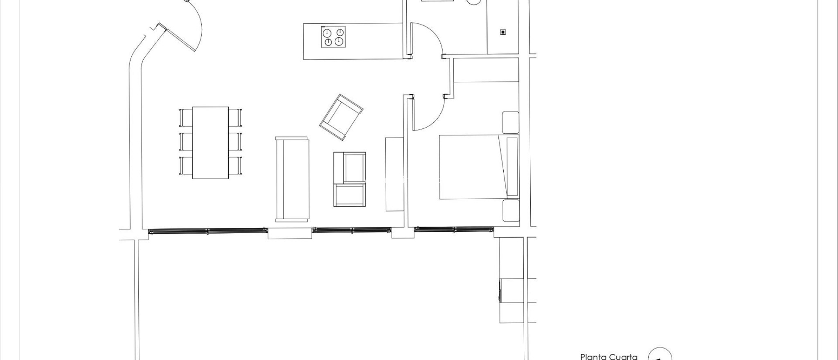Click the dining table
pyautogui.click(x=210, y=142)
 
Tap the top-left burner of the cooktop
pyautogui.click(x=327, y=32)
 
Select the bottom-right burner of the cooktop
pyautogui.click(x=338, y=41)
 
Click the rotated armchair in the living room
pyautogui.click(x=340, y=117)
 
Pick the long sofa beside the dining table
pyautogui.click(x=292, y=179)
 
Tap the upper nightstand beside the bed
pyautogui.click(x=511, y=122)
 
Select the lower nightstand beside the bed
pyautogui.click(x=511, y=211)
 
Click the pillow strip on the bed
pyautogui.click(x=512, y=166)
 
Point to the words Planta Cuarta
pyautogui.click(x=608, y=356)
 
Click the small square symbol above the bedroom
pyautogui.click(x=503, y=32)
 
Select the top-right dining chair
pyautogui.click(x=235, y=117)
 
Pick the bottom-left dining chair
pyautogui.click(x=186, y=166)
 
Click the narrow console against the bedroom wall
pyautogui.click(x=394, y=174)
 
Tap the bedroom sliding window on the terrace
pyautogui.click(x=454, y=230)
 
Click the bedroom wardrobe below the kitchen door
pyautogui.click(x=486, y=70)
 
